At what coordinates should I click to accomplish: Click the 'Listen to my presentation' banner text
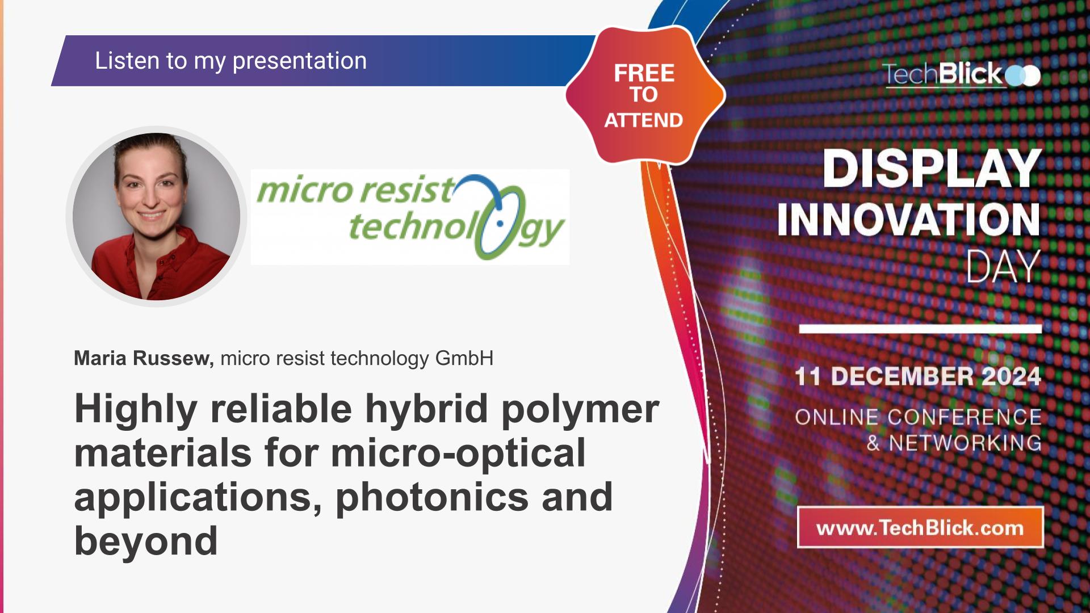(x=230, y=61)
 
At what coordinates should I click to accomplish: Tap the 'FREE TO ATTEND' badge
(x=644, y=95)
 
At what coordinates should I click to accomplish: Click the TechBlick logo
(x=961, y=74)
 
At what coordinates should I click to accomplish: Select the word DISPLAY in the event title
(x=932, y=169)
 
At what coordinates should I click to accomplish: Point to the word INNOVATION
(x=908, y=220)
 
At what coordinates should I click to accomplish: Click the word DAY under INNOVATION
(x=1003, y=266)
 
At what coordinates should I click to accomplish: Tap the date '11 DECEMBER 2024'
(x=917, y=376)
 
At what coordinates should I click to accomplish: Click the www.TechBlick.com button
(x=920, y=528)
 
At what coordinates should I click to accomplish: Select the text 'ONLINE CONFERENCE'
(x=918, y=417)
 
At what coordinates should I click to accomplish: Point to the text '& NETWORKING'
(x=954, y=443)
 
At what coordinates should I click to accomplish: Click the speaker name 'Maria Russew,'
(x=144, y=359)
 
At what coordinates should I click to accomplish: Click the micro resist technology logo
(x=410, y=217)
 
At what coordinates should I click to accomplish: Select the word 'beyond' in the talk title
(x=146, y=541)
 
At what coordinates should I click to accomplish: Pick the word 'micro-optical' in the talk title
(x=458, y=453)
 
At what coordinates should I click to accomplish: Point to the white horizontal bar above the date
(x=920, y=329)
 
